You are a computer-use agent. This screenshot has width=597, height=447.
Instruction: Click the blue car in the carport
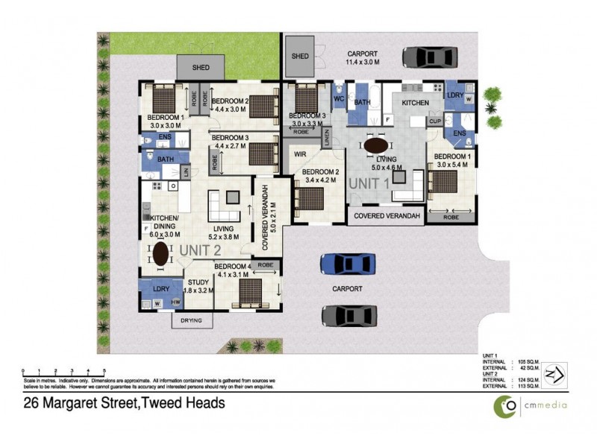(x=347, y=264)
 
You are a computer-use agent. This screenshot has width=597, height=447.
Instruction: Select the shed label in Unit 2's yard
(x=201, y=68)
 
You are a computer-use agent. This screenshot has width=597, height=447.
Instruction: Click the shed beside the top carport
(x=300, y=56)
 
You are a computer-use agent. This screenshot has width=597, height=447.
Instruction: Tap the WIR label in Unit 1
(x=301, y=154)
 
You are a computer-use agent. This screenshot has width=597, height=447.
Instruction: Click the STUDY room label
(x=198, y=282)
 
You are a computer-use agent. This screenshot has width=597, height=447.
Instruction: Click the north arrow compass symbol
(x=554, y=373)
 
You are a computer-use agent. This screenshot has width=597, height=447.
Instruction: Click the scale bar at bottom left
(x=63, y=371)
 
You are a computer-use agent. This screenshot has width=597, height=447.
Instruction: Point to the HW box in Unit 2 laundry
(x=176, y=302)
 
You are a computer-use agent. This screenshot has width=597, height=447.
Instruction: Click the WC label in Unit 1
(x=338, y=98)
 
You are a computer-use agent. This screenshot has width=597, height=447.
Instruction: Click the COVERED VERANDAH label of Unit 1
(x=387, y=216)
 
